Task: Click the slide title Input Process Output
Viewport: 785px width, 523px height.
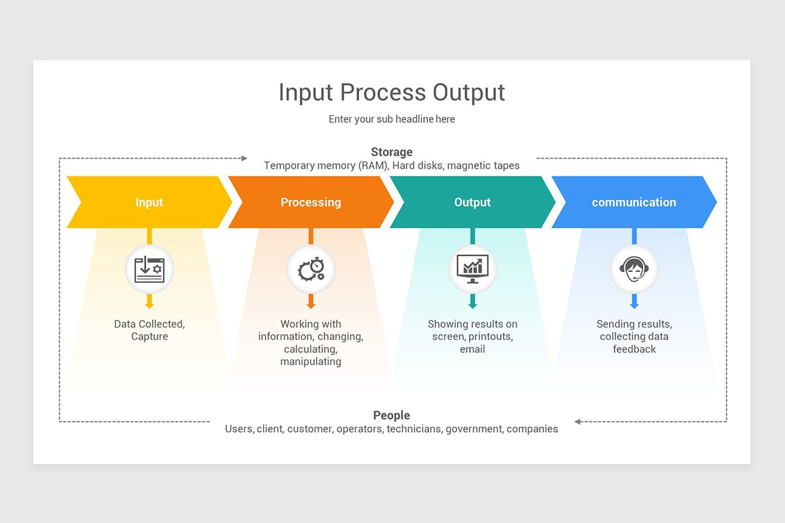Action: [x=392, y=92]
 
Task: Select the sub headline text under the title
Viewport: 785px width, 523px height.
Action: [x=392, y=119]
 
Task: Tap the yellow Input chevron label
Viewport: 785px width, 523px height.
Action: [x=149, y=202]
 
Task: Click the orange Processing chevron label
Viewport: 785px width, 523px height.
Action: [x=311, y=202]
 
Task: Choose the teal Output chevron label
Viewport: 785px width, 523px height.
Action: [x=472, y=202]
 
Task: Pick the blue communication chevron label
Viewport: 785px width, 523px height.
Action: [x=634, y=202]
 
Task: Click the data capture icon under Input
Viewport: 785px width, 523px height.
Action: [x=149, y=269]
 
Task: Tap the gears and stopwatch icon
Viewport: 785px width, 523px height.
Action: [x=311, y=269]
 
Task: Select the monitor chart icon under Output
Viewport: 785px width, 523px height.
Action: [x=472, y=269]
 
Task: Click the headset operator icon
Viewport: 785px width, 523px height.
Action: [x=634, y=269]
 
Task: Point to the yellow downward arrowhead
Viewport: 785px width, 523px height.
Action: [x=149, y=304]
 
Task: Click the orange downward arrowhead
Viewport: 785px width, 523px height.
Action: [x=311, y=304]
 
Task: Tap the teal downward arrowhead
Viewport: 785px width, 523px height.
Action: [x=472, y=304]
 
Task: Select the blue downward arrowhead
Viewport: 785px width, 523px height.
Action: [x=634, y=304]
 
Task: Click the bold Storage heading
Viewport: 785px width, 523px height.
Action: [x=392, y=152]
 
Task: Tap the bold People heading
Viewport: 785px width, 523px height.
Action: [x=392, y=415]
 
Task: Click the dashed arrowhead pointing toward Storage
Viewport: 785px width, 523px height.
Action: [x=244, y=158]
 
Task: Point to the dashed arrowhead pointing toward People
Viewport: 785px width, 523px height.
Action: [x=578, y=422]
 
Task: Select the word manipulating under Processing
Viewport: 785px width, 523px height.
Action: [x=311, y=362]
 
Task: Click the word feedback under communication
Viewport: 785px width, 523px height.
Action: [x=634, y=349]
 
